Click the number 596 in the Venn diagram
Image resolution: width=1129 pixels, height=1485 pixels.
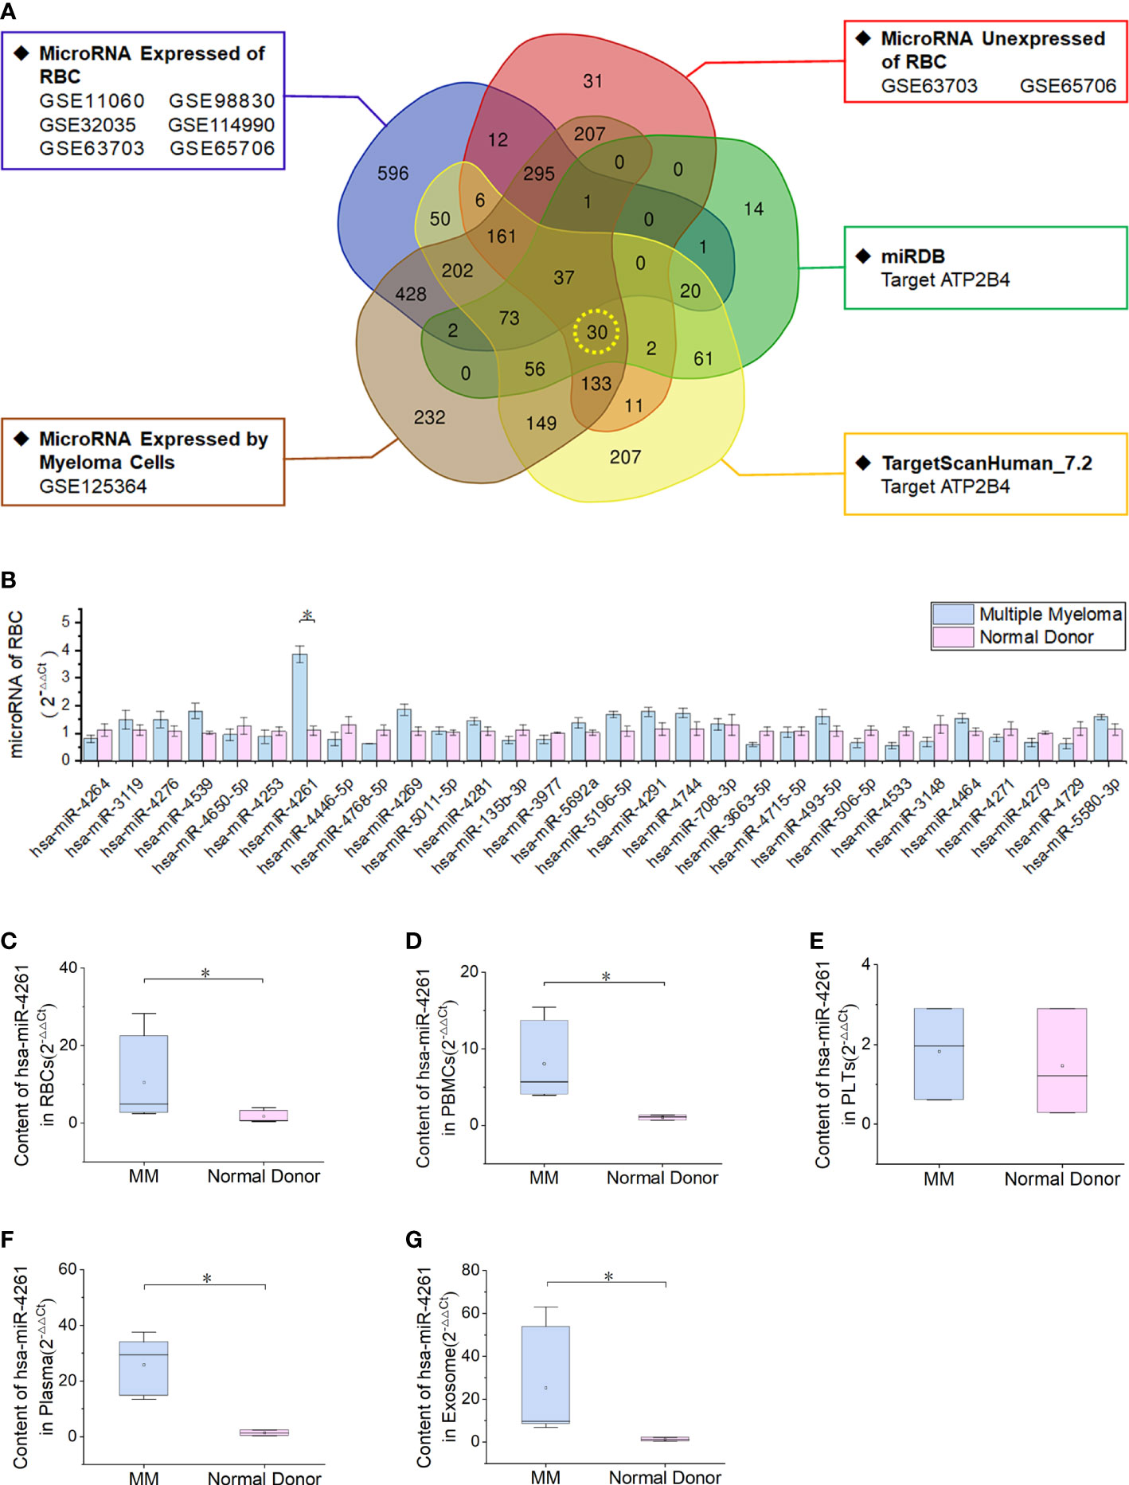[x=393, y=174]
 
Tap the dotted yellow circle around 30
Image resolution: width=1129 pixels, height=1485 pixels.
[x=596, y=332]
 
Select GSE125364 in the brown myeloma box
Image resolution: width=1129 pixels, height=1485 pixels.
[x=93, y=486]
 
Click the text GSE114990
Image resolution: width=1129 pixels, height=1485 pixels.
[x=221, y=125]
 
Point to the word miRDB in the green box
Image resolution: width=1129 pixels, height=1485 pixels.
[x=912, y=256]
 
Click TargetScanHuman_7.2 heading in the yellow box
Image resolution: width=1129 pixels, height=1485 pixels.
[x=986, y=463]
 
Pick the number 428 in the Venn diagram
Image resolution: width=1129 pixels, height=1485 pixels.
[x=410, y=295]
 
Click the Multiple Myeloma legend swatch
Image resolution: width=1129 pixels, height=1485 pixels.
[x=953, y=614]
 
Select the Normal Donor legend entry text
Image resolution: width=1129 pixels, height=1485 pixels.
[x=1036, y=637]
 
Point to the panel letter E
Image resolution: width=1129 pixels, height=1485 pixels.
[x=817, y=941]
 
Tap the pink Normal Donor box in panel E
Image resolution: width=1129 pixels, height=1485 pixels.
[x=1062, y=1060]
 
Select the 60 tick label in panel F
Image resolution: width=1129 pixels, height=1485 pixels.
[x=68, y=1269]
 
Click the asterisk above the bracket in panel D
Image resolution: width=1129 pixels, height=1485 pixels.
[x=606, y=977]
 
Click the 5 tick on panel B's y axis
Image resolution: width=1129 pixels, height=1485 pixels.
[x=66, y=622]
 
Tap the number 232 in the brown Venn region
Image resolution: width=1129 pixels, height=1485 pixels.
[x=429, y=417]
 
